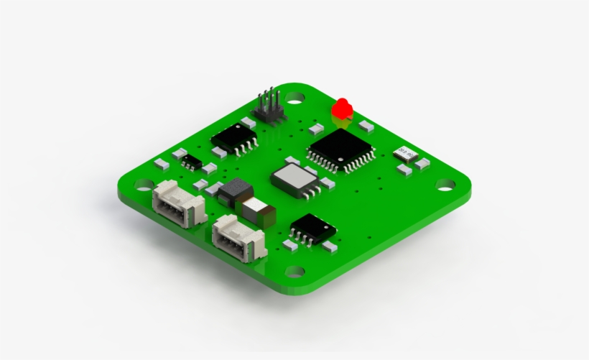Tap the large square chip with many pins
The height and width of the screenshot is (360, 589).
341,149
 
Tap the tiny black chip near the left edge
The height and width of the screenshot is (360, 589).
190,161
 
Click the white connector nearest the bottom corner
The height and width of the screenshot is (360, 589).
239,236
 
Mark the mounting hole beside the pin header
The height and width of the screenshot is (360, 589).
294,96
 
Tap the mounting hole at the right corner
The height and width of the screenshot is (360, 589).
445,185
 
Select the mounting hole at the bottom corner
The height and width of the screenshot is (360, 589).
294,272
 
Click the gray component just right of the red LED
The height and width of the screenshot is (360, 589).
366,126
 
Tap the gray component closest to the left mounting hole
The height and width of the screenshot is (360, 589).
162,164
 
